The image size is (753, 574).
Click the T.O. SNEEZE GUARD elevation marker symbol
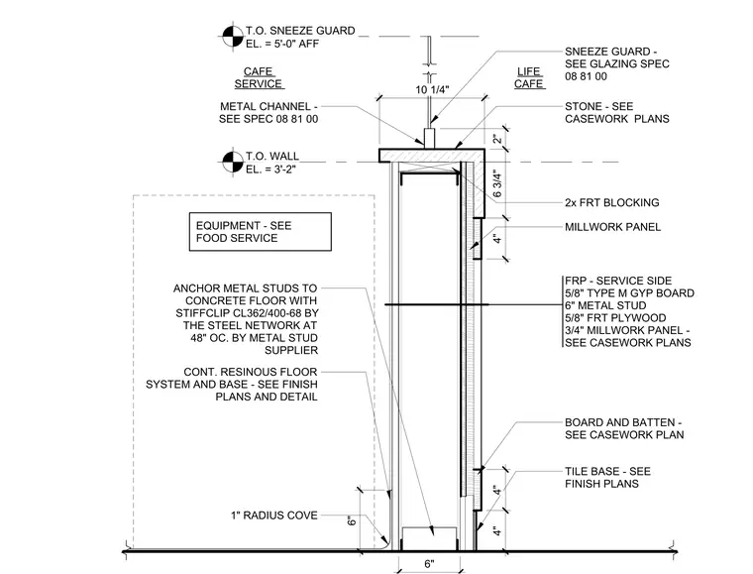point(233,36)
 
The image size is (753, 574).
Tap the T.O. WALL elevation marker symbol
point(233,162)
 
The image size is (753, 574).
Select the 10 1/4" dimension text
point(432,90)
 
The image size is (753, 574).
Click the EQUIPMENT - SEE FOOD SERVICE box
point(261,232)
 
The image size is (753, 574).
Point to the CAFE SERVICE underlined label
point(259,77)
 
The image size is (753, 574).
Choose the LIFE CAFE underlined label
point(529,77)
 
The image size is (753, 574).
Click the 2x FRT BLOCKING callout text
point(612,202)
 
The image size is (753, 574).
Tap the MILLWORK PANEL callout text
point(612,227)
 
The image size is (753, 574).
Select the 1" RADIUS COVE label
point(274,516)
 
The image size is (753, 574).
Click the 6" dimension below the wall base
point(429,563)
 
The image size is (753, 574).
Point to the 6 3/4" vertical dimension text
point(497,185)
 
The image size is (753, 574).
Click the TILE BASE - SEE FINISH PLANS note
point(607,478)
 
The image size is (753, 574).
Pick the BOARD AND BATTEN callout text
point(624,428)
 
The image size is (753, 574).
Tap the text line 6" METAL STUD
point(605,305)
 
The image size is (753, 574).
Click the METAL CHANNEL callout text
point(269,112)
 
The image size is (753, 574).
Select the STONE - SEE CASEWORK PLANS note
point(617,112)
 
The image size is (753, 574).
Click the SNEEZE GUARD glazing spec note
point(617,63)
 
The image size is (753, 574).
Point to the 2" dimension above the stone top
point(497,140)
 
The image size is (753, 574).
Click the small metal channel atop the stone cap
point(430,139)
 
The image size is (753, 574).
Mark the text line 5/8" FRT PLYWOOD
point(615,318)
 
